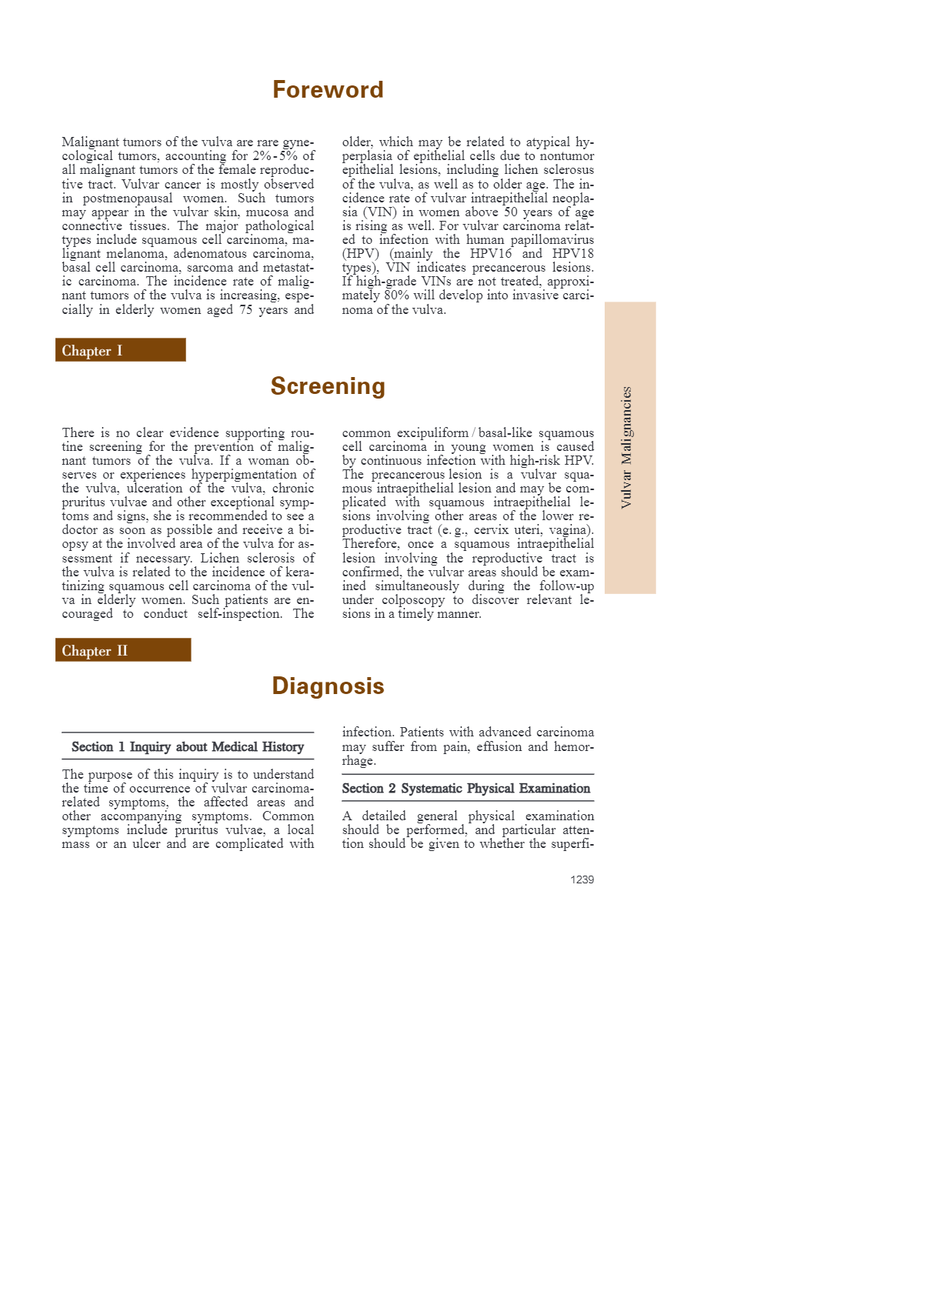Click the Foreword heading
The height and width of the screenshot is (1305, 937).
tap(328, 90)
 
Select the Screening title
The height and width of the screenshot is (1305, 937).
tap(328, 386)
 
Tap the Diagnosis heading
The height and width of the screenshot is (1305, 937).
tap(328, 686)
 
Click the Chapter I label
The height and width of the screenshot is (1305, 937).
tap(92, 351)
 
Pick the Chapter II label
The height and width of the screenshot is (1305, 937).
tap(95, 651)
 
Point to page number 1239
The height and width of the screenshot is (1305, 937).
tap(582, 879)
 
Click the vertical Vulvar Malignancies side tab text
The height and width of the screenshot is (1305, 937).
tap(627, 447)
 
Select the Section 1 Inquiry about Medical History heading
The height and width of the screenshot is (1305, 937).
tap(188, 746)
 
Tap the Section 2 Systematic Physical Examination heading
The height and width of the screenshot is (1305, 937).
tap(466, 788)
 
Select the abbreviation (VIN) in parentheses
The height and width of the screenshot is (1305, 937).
tap(361, 212)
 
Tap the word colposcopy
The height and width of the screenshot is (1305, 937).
tap(413, 600)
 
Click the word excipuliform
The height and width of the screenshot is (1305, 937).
tap(432, 433)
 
